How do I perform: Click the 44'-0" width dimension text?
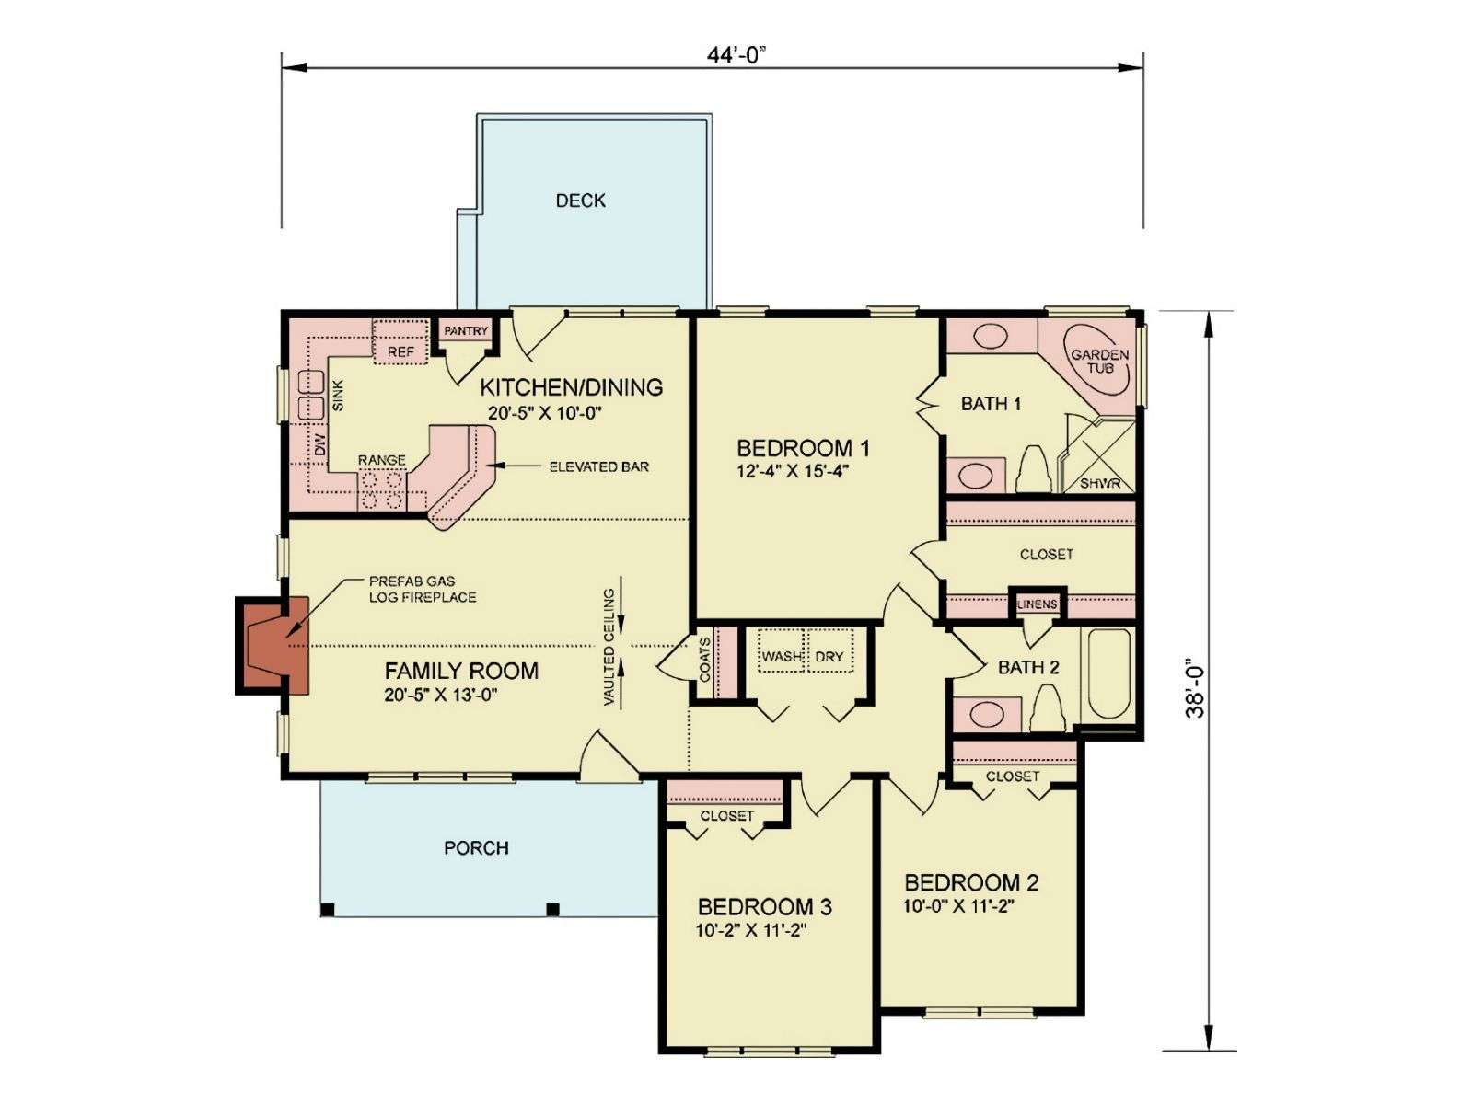tap(736, 54)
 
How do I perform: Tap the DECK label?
tap(581, 201)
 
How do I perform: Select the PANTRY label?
tap(466, 331)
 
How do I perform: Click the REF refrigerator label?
tap(400, 352)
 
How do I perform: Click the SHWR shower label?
tap(1100, 483)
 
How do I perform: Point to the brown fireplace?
tap(272, 646)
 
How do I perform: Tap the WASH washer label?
tap(781, 657)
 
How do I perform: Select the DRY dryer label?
tap(829, 657)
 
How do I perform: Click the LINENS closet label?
tap(1038, 604)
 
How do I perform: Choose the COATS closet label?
tap(704, 660)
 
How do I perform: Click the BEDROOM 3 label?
tap(765, 907)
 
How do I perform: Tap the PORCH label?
tap(477, 848)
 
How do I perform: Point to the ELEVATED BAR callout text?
tap(599, 466)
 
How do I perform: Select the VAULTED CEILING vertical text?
tap(609, 647)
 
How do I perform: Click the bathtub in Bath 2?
tap(1108, 674)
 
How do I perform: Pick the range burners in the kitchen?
tap(383, 490)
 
